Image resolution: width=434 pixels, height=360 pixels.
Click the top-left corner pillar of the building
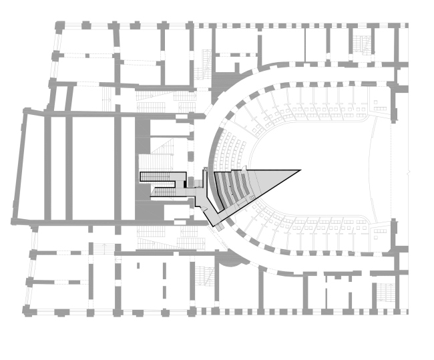click(x=59, y=26)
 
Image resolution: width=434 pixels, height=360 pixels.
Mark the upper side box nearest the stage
click(x=379, y=106)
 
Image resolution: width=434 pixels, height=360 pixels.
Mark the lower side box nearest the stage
click(x=379, y=233)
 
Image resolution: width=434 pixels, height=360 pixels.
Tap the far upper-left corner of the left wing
click(x=25, y=112)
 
